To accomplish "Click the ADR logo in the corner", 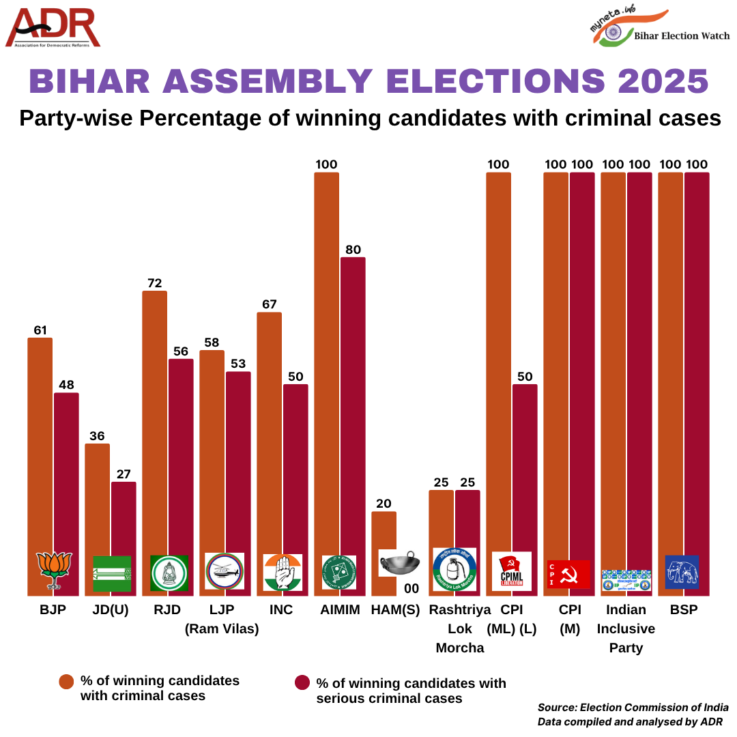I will (53, 29).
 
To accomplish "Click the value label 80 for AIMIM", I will (353, 249).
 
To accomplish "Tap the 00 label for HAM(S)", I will (411, 588).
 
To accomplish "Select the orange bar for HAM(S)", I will (384, 532).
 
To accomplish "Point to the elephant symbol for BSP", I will (682, 572).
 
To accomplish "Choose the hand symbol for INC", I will (283, 572).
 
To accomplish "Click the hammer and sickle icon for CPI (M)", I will (568, 575).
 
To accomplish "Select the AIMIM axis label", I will (340, 610).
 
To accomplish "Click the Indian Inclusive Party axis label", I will (626, 628).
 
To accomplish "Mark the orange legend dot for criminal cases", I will (66, 682).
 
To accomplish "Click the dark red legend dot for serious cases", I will (302, 683).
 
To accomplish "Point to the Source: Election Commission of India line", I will (633, 708).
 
